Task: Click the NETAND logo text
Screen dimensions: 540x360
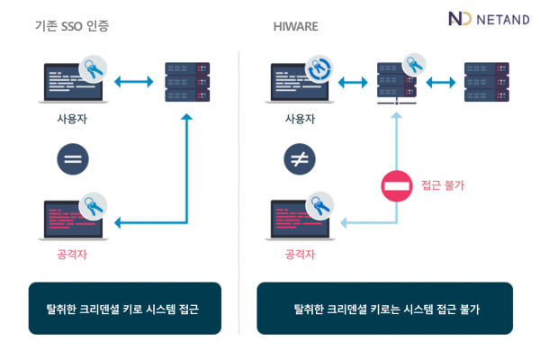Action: pyautogui.click(x=503, y=20)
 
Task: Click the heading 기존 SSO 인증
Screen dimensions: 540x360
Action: pyautogui.click(x=72, y=26)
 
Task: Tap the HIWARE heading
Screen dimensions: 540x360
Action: pyautogui.click(x=295, y=26)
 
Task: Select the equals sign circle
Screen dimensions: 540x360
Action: pyautogui.click(x=73, y=159)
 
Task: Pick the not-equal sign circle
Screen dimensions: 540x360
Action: pyautogui.click(x=300, y=159)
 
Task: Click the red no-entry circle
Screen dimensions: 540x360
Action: pyautogui.click(x=397, y=186)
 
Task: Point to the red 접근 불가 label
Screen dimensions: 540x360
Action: pyautogui.click(x=443, y=185)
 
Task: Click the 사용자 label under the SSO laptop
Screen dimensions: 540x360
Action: pyautogui.click(x=72, y=119)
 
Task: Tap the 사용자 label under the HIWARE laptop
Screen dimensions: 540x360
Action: pyautogui.click(x=300, y=119)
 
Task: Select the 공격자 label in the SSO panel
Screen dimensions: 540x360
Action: pyautogui.click(x=72, y=255)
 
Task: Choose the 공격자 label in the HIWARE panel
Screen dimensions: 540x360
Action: pyautogui.click(x=300, y=255)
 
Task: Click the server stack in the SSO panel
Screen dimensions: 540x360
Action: pyautogui.click(x=187, y=82)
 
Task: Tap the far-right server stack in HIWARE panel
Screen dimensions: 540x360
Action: pyautogui.click(x=487, y=82)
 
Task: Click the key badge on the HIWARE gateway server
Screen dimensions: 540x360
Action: pyautogui.click(x=414, y=65)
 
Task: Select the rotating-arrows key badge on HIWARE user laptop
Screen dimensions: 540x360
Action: pyautogui.click(x=319, y=69)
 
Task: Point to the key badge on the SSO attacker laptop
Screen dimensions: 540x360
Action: pyautogui.click(x=93, y=206)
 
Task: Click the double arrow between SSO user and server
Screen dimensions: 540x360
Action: pyautogui.click(x=133, y=82)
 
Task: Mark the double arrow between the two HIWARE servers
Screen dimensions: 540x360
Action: pyautogui.click(x=441, y=82)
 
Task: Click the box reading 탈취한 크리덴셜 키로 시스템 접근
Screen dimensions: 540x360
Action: pyautogui.click(x=125, y=309)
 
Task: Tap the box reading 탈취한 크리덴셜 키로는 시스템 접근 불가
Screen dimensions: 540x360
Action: pyautogui.click(x=385, y=309)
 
